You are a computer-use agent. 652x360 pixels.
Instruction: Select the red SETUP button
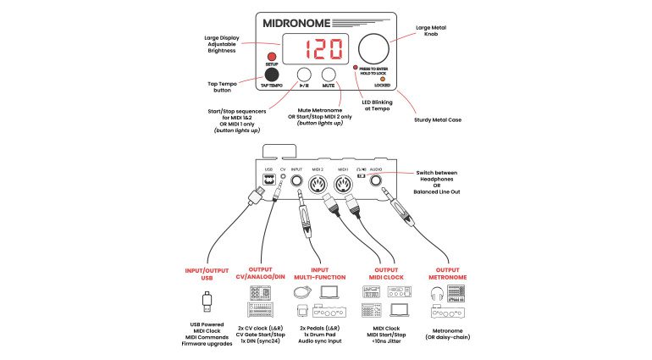(273, 57)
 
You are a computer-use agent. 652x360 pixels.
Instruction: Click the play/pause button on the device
(303, 76)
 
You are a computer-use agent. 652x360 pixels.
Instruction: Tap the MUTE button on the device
(329, 76)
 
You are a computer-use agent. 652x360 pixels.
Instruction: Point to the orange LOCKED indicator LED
(382, 79)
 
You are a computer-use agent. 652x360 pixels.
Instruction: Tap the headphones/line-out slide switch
(360, 176)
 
